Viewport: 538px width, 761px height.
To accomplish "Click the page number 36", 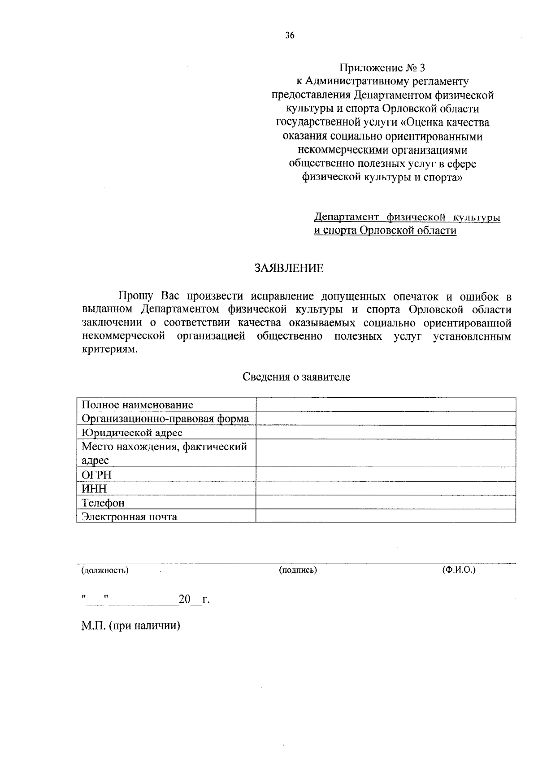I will [290, 36].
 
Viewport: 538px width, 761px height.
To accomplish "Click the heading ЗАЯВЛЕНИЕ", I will [289, 269].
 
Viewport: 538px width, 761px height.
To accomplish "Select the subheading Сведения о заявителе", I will [296, 377].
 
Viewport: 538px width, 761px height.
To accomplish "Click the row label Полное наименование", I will [137, 405].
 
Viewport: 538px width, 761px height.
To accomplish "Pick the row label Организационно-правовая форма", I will [165, 419].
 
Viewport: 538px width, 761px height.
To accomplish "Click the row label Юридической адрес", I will [132, 433].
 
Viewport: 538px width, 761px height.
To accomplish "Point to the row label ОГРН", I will [96, 474].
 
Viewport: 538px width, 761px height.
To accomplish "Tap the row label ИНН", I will [94, 488].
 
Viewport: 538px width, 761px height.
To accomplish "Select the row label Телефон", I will [103, 503].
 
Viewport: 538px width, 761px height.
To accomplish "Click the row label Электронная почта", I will [129, 517].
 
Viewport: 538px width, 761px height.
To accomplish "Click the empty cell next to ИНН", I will [386, 488].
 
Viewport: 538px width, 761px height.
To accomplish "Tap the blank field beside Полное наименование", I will [386, 405].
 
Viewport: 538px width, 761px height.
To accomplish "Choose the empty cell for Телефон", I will [386, 503].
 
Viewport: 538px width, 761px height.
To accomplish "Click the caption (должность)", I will [105, 570].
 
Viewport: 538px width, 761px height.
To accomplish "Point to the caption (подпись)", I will [298, 570].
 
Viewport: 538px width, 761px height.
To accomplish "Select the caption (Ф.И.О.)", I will [459, 570].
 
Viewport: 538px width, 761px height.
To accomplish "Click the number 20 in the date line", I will [185, 600].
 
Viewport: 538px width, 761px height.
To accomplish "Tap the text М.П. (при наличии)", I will [130, 626].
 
